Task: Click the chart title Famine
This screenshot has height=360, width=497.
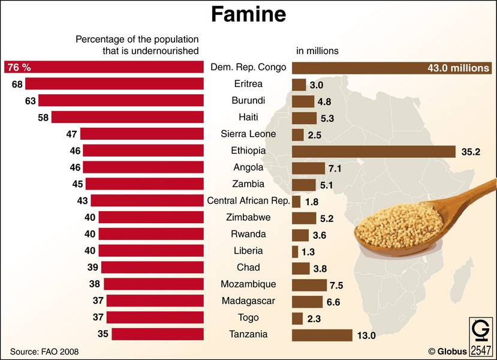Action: [x=248, y=14]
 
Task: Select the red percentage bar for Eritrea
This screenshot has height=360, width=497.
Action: [x=114, y=84]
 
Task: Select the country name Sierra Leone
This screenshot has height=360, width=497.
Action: [x=248, y=134]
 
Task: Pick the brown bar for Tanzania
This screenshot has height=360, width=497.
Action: [x=322, y=335]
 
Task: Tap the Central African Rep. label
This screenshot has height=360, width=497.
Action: [x=248, y=200]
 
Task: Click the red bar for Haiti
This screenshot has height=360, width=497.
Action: [x=128, y=118]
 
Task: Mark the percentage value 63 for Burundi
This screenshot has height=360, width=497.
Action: [x=31, y=101]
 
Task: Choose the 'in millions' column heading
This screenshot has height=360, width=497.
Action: [x=318, y=51]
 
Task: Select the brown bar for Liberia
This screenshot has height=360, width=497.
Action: [x=295, y=251]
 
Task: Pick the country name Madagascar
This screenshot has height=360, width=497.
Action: [x=248, y=301]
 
